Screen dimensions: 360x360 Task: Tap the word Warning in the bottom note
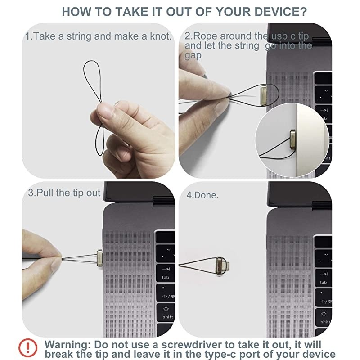point(67,345)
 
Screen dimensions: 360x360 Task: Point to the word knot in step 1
point(161,36)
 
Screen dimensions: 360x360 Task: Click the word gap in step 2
point(193,56)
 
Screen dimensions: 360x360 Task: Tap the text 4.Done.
point(202,195)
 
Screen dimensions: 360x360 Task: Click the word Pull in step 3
point(45,193)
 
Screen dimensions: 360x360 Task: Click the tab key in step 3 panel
point(165,273)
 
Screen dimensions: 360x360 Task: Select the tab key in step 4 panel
point(323,278)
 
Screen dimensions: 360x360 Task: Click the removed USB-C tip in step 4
point(222,266)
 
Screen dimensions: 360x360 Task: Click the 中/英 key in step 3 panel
point(166,293)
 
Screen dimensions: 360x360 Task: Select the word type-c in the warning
point(220,354)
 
